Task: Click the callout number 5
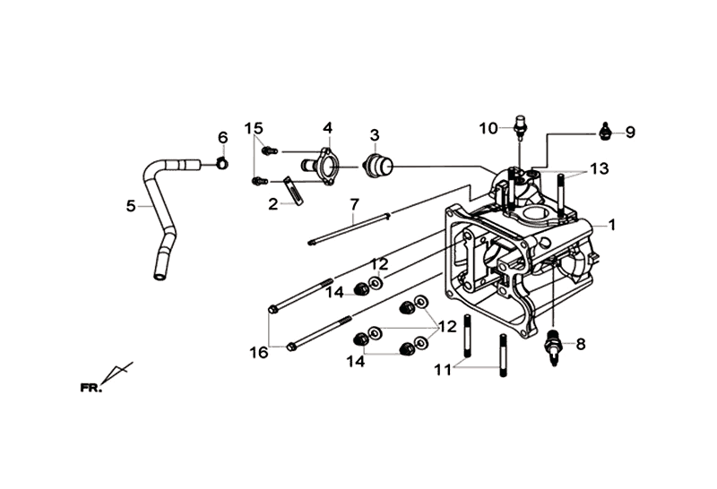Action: pyautogui.click(x=131, y=206)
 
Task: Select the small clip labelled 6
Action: pyautogui.click(x=222, y=163)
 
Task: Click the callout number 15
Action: pyautogui.click(x=254, y=129)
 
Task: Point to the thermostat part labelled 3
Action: pyautogui.click(x=377, y=165)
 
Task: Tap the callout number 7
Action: pyautogui.click(x=353, y=205)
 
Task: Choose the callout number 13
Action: pyautogui.click(x=599, y=169)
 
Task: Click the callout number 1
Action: pyautogui.click(x=611, y=225)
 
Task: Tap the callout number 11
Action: pyautogui.click(x=443, y=370)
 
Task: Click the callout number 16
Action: pyautogui.click(x=259, y=353)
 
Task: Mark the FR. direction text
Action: pyautogui.click(x=91, y=388)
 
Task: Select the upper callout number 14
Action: pyautogui.click(x=334, y=292)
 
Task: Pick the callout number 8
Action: pyautogui.click(x=581, y=344)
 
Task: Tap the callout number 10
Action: pyautogui.click(x=488, y=129)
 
